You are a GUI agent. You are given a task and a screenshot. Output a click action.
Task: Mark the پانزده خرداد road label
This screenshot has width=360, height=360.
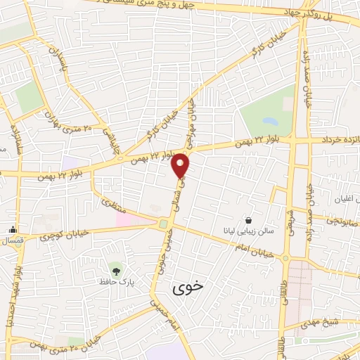pos(337,139)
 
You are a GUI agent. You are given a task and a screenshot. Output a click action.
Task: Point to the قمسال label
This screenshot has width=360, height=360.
pos(13,241)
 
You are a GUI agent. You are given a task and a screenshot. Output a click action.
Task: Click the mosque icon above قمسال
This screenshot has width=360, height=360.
pos(13,229)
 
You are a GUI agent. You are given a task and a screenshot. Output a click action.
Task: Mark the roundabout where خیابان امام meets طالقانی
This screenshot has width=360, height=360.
pos(285,258)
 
